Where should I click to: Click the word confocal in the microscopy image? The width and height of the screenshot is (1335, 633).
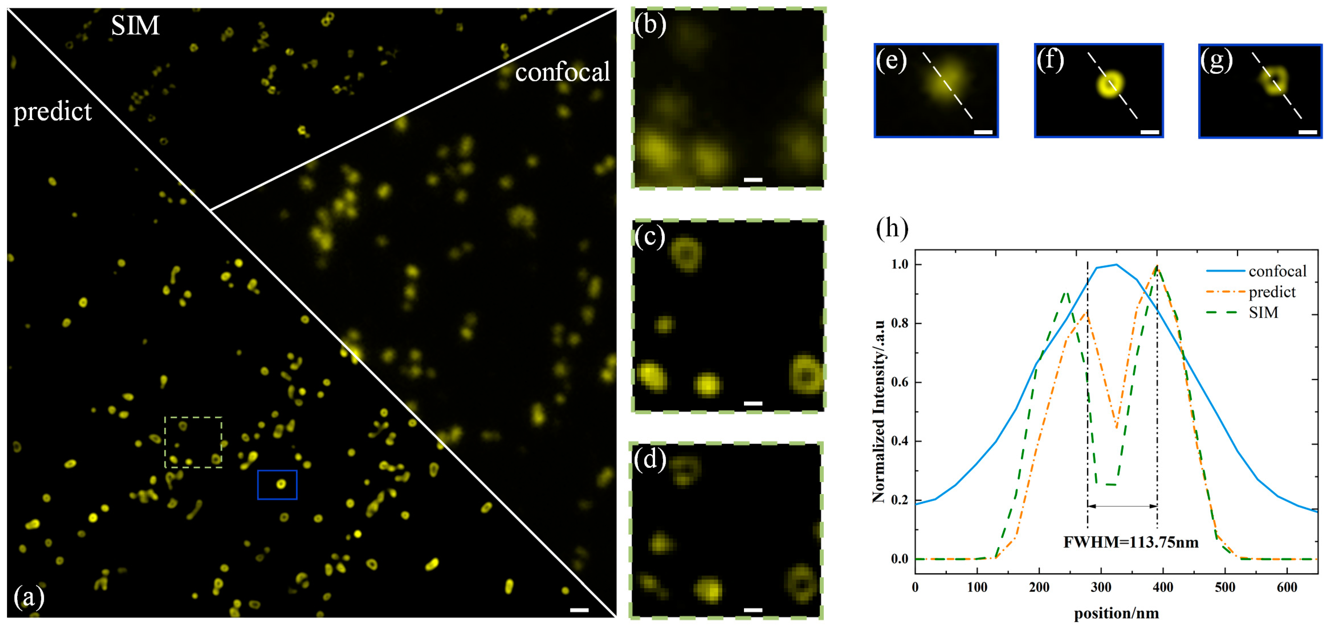(x=562, y=72)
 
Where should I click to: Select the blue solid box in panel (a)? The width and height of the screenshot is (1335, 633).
(x=277, y=485)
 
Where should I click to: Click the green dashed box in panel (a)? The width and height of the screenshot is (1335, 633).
(x=193, y=442)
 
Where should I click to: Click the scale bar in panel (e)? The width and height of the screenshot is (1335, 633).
(x=983, y=132)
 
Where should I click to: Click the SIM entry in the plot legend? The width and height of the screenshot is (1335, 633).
(x=1263, y=313)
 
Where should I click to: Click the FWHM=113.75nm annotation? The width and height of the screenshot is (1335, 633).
(x=1131, y=542)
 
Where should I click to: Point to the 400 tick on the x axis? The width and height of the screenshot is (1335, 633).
(x=1163, y=587)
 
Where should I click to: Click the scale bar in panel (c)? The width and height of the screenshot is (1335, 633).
(x=753, y=403)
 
